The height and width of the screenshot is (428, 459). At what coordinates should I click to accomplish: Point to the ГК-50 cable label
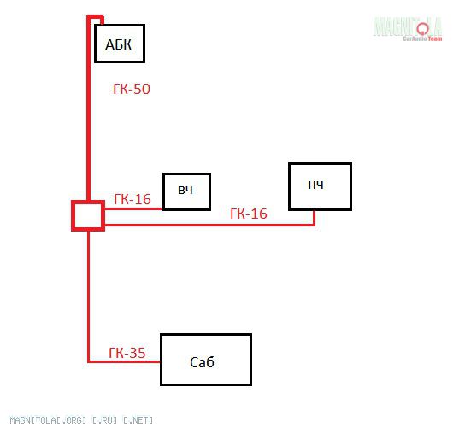click(x=132, y=89)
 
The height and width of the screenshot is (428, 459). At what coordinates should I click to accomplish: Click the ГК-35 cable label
click(x=127, y=353)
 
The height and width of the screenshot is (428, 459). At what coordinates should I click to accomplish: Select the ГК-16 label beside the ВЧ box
click(x=132, y=199)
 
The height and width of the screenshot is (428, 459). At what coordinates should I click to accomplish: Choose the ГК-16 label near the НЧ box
click(x=249, y=214)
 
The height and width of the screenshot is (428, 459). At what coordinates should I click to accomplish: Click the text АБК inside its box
click(x=118, y=44)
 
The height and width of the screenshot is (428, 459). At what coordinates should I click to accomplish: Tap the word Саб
click(x=202, y=362)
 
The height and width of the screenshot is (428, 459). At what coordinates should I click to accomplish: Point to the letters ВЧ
click(x=185, y=191)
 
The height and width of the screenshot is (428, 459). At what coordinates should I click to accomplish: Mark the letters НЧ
click(x=315, y=185)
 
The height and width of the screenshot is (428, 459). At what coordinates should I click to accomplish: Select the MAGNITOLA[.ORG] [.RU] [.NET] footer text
click(x=81, y=420)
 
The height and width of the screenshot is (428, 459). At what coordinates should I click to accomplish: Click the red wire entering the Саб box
click(x=124, y=361)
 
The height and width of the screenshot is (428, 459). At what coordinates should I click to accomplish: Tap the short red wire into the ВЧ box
click(x=133, y=209)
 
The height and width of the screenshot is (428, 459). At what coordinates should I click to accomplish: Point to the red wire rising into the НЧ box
click(x=314, y=218)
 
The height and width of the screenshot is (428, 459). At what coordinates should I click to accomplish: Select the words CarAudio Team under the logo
click(x=422, y=38)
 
